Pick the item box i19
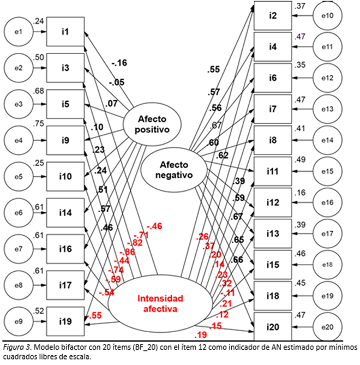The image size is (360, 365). pos(65,320)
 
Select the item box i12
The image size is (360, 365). pos(273,203)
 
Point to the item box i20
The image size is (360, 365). pos(273,327)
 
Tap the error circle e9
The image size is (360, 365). pos(18,320)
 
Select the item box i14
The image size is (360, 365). pos(65,212)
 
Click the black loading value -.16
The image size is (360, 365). pos(118,63)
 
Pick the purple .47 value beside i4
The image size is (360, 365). pos(299,37)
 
